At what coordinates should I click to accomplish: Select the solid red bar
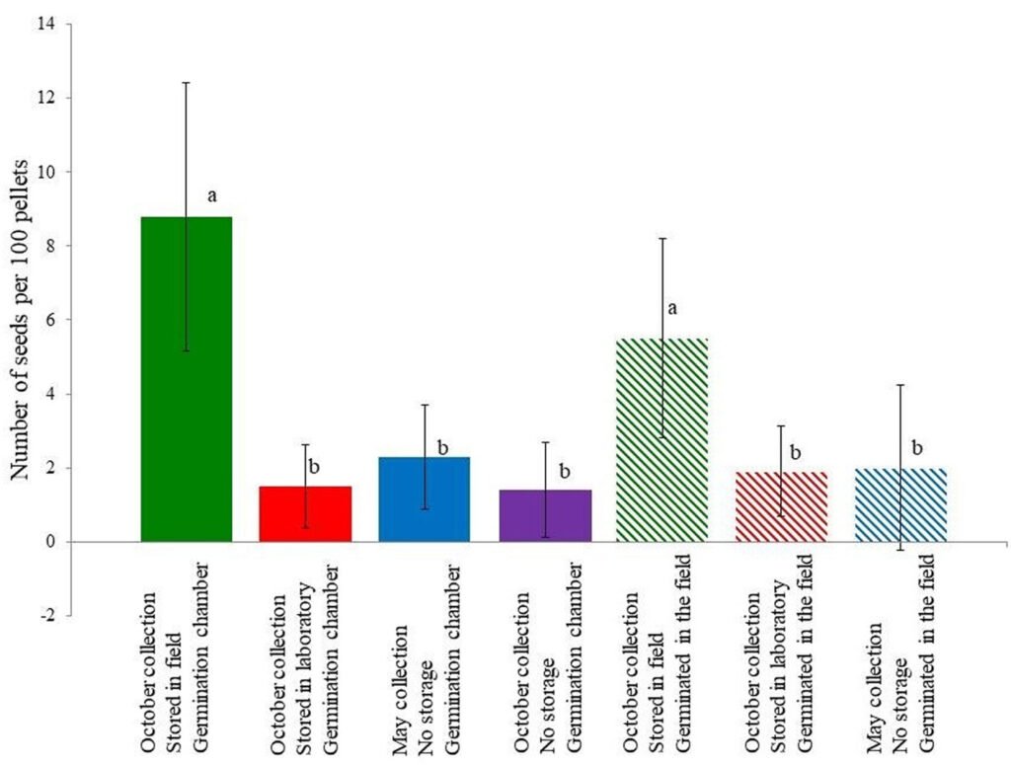[305, 514]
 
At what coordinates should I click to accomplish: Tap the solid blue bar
[425, 499]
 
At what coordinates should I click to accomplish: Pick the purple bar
[545, 516]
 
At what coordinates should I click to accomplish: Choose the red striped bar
[782, 507]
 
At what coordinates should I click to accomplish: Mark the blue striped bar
[900, 505]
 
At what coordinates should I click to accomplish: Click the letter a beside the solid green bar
[211, 195]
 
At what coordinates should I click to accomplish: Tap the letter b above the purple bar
[565, 471]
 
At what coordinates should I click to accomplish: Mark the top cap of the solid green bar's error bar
[187, 83]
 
